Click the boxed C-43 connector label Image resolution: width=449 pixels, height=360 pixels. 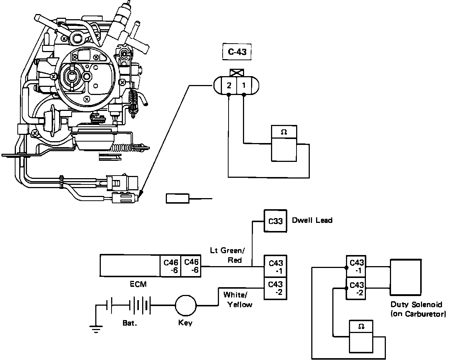tap(237, 52)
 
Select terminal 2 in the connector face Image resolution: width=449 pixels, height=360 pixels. tap(229, 85)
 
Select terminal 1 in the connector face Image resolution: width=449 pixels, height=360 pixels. tap(244, 85)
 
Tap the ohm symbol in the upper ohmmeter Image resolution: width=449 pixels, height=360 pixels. tap(284, 132)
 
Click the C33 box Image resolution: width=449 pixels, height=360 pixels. tap(275, 221)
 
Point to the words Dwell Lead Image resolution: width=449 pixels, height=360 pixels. tap(312, 220)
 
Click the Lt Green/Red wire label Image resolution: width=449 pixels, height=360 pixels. tap(228, 255)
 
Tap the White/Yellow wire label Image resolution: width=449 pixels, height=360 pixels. tap(238, 300)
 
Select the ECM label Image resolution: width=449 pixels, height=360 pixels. tap(138, 284)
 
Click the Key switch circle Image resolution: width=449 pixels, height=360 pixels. tap(186, 306)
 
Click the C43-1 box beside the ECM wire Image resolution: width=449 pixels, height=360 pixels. tap(275, 266)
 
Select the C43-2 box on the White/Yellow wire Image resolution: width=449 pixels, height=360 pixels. tap(275, 289)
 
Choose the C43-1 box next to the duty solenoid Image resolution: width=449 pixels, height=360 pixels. tap(356, 266)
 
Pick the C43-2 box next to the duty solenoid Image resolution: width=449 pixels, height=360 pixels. tap(356, 289)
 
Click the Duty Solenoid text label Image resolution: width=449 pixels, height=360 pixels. tap(418, 309)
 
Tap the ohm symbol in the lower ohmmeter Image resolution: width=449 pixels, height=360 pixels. tap(361, 326)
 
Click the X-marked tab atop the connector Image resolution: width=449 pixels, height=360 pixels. tap(237, 73)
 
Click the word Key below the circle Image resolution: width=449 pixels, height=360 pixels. tap(185, 323)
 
